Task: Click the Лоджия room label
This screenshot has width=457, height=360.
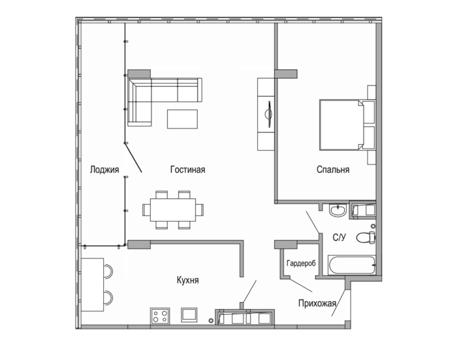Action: (x=104, y=170)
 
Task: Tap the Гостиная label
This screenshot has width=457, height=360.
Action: (x=188, y=170)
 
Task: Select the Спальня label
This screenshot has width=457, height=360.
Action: (x=333, y=170)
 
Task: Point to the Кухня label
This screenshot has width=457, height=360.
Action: (x=188, y=280)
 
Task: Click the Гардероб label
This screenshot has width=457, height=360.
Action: (x=301, y=263)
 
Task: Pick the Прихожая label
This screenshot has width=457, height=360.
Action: (x=317, y=303)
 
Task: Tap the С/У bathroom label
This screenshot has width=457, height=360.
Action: (x=339, y=237)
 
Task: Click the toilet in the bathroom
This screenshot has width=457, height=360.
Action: (x=366, y=237)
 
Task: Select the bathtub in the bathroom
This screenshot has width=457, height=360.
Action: (x=352, y=265)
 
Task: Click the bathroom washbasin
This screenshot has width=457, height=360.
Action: (x=338, y=210)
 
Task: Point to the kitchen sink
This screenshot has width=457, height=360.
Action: (x=189, y=315)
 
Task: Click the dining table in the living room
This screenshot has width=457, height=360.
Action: (x=173, y=210)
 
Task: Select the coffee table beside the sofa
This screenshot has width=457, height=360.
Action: (x=182, y=119)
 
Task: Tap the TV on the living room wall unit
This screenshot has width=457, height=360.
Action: (x=269, y=114)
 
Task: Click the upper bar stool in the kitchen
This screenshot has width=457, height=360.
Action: (x=108, y=271)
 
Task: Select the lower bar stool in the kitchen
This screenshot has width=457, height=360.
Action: (x=108, y=297)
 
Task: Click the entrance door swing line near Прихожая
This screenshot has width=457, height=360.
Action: (x=339, y=303)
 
